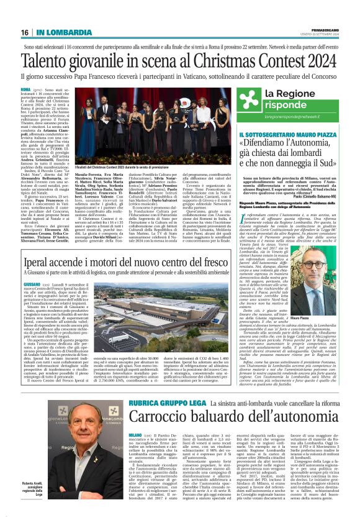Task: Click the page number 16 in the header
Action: tap(25, 32)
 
